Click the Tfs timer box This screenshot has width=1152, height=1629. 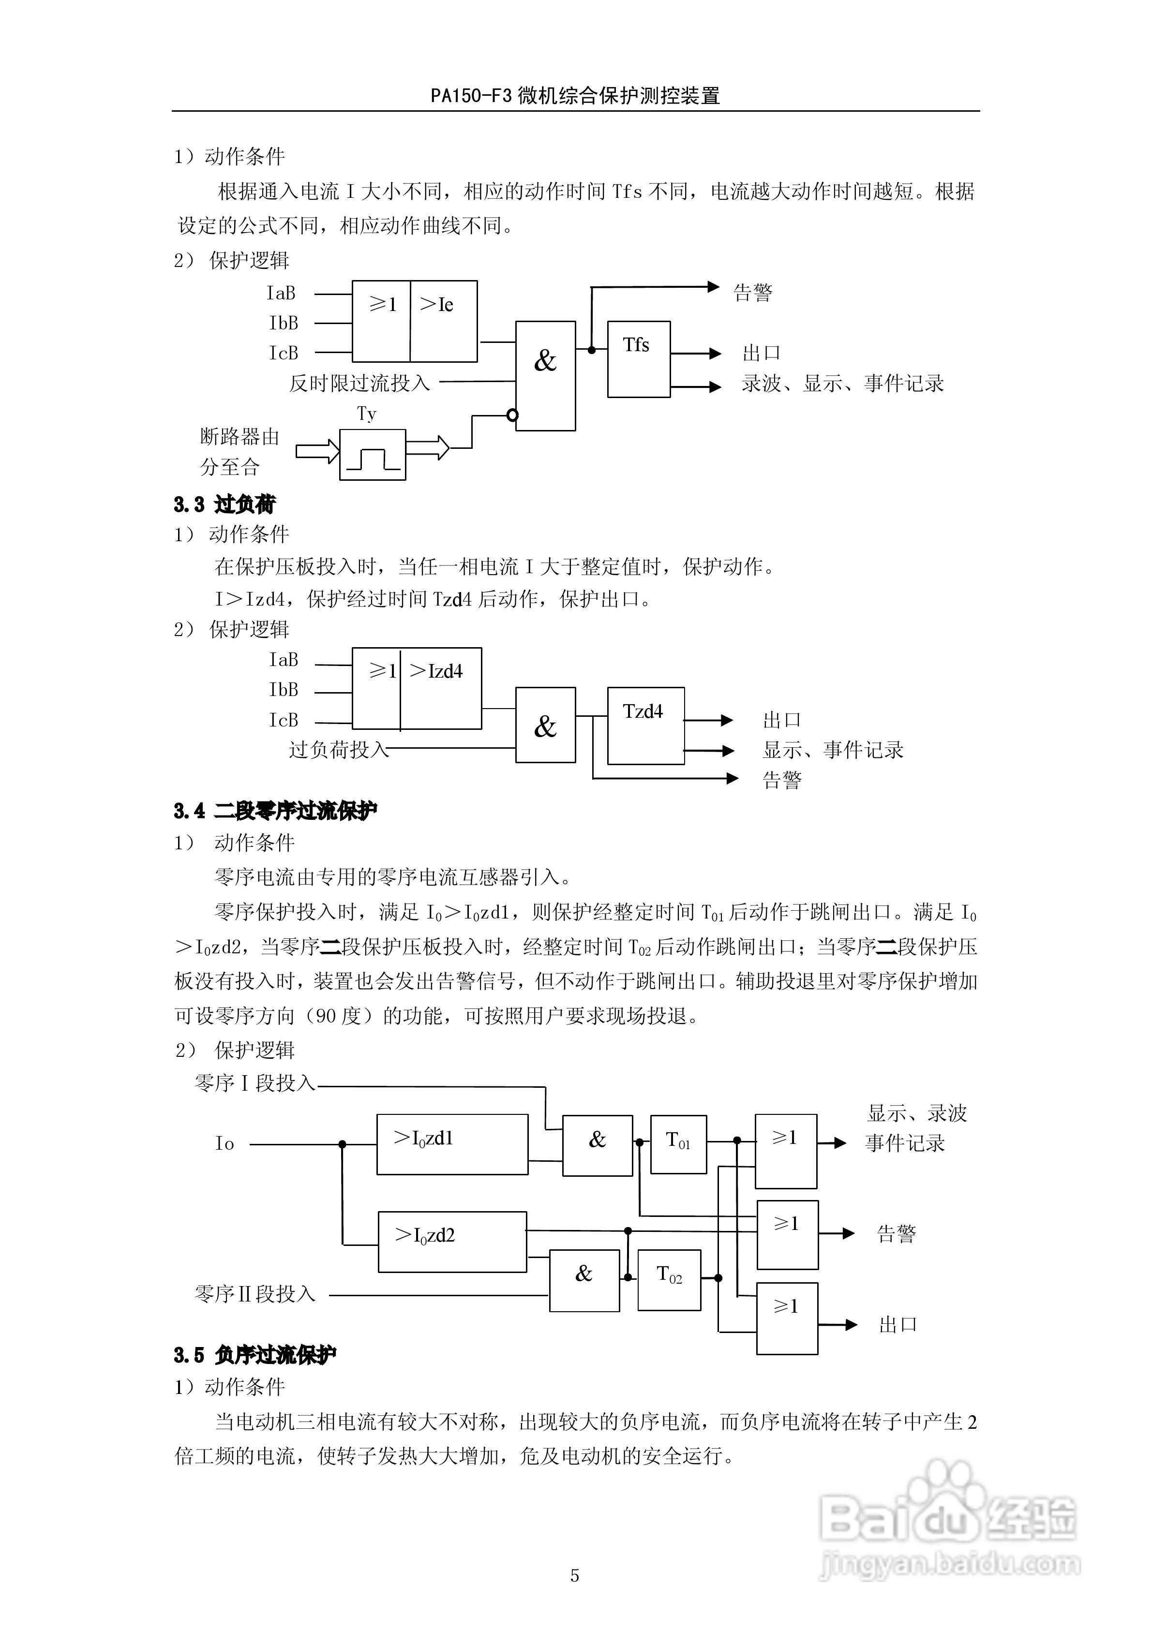click(x=638, y=359)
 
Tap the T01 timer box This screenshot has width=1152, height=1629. click(x=678, y=1144)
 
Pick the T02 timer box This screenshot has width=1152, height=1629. click(x=669, y=1279)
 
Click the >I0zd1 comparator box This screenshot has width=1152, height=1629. click(x=452, y=1144)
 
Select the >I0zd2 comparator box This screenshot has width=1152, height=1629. click(x=452, y=1242)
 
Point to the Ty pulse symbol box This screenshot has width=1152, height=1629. click(x=372, y=455)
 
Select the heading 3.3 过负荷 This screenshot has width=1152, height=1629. click(x=224, y=504)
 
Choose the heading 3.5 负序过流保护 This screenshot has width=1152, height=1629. click(x=255, y=1355)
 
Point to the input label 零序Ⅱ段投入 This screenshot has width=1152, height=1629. click(x=255, y=1295)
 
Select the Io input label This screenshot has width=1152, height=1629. click(x=224, y=1144)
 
